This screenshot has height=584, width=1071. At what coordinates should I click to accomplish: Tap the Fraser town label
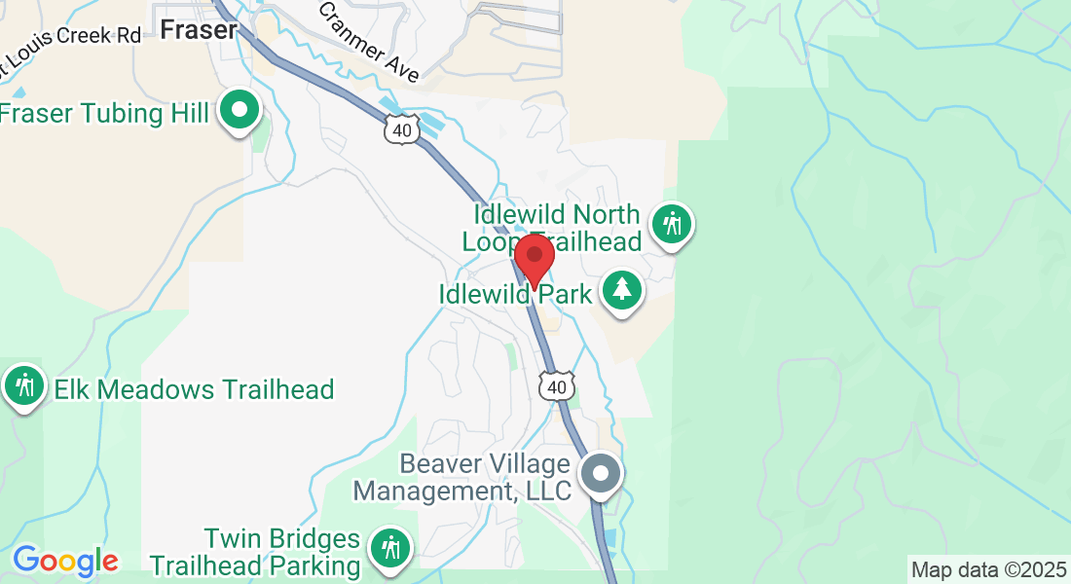coord(199,30)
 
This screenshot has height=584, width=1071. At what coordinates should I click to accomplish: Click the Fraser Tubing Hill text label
coord(105,114)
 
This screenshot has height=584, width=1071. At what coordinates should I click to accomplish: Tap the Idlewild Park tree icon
coord(620,289)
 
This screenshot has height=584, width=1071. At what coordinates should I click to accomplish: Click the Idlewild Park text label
coord(515,294)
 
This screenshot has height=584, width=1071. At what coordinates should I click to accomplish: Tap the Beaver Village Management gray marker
coord(601,475)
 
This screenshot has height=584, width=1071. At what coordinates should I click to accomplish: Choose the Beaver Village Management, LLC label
coord(462,476)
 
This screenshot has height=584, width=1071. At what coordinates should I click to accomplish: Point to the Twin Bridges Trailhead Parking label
coord(255,552)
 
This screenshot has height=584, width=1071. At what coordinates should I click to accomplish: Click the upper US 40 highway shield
coord(403,128)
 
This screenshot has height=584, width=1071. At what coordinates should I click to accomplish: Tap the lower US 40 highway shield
coord(556,386)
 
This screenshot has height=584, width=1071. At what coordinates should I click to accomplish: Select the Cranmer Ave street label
coord(369,42)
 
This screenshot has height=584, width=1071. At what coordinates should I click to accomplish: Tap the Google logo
coord(65,561)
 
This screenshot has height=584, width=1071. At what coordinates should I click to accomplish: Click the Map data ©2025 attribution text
coord(987,569)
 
